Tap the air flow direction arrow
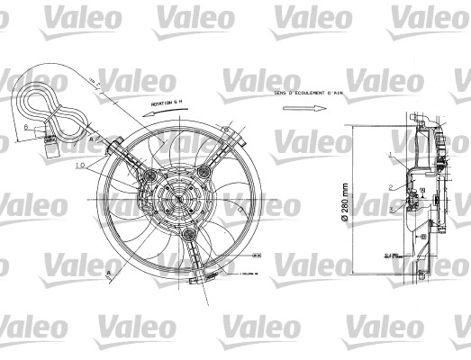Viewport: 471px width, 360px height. pos(303,110)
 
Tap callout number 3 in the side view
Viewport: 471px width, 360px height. pos(389,208)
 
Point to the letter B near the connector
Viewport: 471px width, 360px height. pos(27,128)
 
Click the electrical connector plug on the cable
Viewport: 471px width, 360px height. pos(53,148)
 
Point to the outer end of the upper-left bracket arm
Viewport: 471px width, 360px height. pos(115,140)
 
